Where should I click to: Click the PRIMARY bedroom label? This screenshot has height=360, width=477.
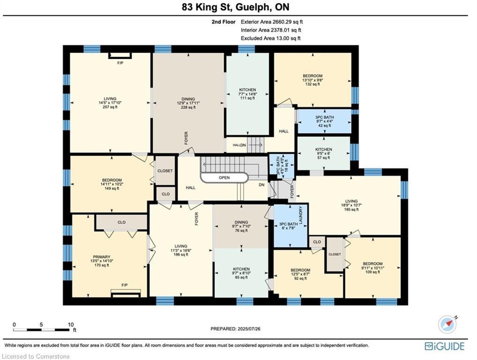click(102, 257)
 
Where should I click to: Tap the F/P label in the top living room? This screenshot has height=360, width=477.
click(120, 63)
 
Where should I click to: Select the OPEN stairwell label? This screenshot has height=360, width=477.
click(224, 178)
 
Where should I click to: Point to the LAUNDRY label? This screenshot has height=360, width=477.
click(300, 215)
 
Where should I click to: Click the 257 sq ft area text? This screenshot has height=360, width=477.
click(110, 107)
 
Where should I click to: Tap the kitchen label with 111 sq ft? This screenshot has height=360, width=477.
click(247, 90)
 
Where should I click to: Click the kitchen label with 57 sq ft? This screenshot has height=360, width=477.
click(323, 150)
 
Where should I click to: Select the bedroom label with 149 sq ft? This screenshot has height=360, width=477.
click(112, 180)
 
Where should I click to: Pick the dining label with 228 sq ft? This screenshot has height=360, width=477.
click(188, 99)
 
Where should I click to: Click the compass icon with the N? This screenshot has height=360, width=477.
click(447, 324)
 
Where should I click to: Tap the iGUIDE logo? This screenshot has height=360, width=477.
click(445, 346)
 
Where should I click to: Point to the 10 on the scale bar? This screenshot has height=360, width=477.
click(71, 325)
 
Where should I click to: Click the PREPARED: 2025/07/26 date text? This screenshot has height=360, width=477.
click(236, 329)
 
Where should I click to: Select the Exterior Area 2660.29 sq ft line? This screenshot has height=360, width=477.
click(272, 22)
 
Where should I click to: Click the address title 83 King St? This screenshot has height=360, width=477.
click(208, 7)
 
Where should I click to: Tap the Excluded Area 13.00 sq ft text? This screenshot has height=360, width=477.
click(271, 38)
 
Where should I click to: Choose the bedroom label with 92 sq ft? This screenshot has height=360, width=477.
click(300, 270)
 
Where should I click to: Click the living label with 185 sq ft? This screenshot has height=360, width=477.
click(351, 201)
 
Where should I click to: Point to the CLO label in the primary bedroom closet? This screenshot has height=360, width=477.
click(122, 222)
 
